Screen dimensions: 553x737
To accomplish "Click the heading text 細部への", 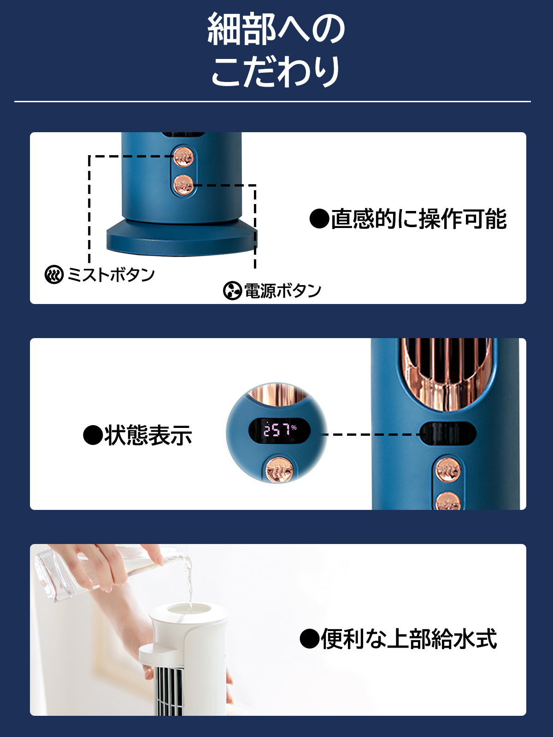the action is [276, 29].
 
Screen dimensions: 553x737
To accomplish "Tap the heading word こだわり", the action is [276, 71].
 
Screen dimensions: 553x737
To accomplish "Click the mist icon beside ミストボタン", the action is [54, 275].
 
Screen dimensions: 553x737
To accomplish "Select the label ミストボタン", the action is [111, 275].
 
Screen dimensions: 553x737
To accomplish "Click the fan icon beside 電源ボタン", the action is [232, 291].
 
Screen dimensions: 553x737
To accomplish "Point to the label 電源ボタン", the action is [282, 291].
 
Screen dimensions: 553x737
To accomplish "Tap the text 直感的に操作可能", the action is [408, 219].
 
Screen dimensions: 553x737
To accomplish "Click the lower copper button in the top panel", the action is [183, 185].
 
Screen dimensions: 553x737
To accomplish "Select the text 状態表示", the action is [138, 435].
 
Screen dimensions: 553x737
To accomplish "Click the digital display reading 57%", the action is [279, 430].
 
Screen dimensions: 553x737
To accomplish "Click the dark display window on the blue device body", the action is [448, 433].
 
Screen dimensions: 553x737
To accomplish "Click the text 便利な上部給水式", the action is [398, 638].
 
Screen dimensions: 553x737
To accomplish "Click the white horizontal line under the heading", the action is [272, 101].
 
